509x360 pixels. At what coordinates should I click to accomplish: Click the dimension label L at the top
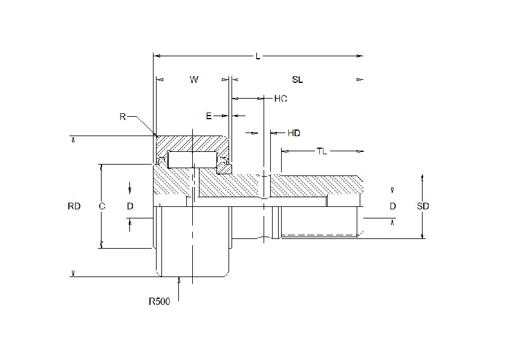click(x=258, y=56)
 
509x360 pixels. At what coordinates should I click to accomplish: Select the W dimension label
click(x=194, y=80)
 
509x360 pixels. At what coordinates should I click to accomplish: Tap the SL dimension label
click(x=297, y=80)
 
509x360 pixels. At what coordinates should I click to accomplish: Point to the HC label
click(x=280, y=99)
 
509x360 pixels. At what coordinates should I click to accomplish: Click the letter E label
click(x=209, y=116)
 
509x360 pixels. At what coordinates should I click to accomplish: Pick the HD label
click(x=294, y=133)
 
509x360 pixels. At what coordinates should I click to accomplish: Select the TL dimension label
click(x=322, y=151)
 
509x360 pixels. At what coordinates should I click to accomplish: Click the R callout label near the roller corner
click(x=122, y=117)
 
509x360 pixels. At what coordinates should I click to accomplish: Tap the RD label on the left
click(x=74, y=206)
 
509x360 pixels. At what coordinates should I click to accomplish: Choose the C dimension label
click(x=102, y=206)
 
